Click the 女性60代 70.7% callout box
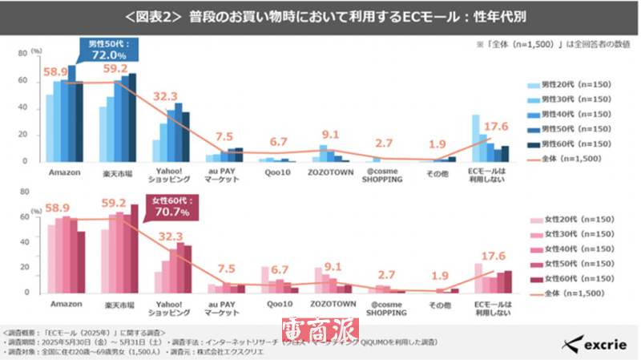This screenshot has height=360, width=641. [167, 208]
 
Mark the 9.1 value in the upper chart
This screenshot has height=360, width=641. [329, 135]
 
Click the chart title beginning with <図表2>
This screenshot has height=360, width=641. [320, 17]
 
